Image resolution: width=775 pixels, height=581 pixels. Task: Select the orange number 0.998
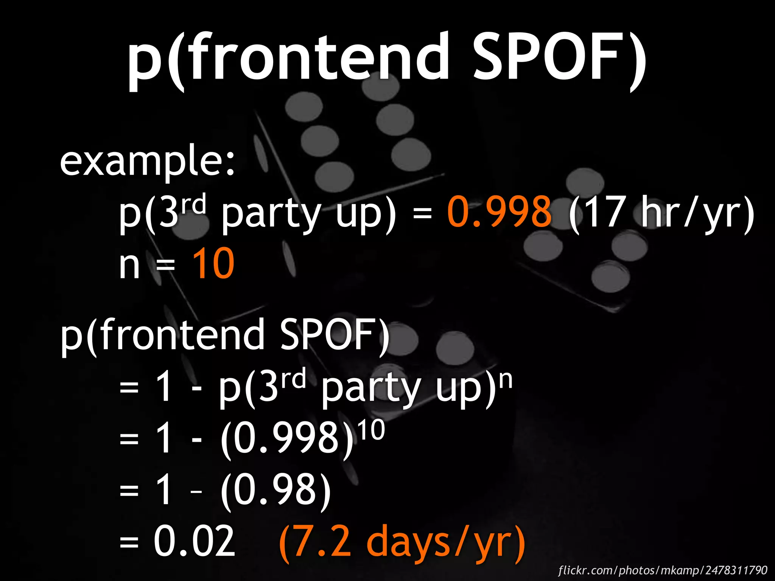[x=499, y=212]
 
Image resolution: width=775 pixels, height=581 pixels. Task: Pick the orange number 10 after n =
[x=213, y=263]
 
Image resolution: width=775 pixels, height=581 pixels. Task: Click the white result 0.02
[x=195, y=542]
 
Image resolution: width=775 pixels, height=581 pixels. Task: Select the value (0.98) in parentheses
[x=275, y=490]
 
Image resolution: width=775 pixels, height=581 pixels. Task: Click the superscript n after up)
[x=506, y=381]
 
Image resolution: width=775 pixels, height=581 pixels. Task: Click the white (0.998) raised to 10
[x=287, y=439]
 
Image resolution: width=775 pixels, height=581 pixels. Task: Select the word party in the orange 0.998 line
[x=271, y=214]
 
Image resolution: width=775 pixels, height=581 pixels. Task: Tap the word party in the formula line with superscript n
[x=371, y=390]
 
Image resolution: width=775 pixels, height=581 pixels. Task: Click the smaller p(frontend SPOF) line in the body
[x=225, y=335]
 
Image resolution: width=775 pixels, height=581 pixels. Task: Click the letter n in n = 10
[x=129, y=265]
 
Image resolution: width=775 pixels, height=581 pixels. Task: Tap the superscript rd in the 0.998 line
[x=193, y=204]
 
